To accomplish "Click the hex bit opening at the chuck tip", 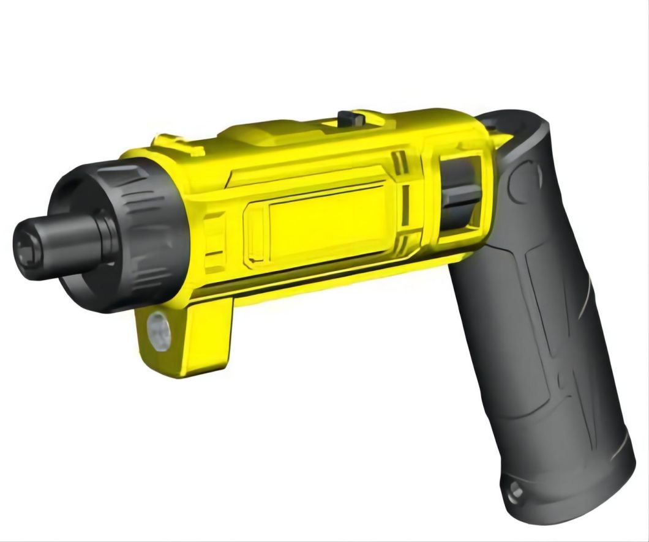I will tap(27, 250).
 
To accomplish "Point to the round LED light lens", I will tap(159, 332).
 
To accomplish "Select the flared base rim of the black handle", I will tap(569, 489).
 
